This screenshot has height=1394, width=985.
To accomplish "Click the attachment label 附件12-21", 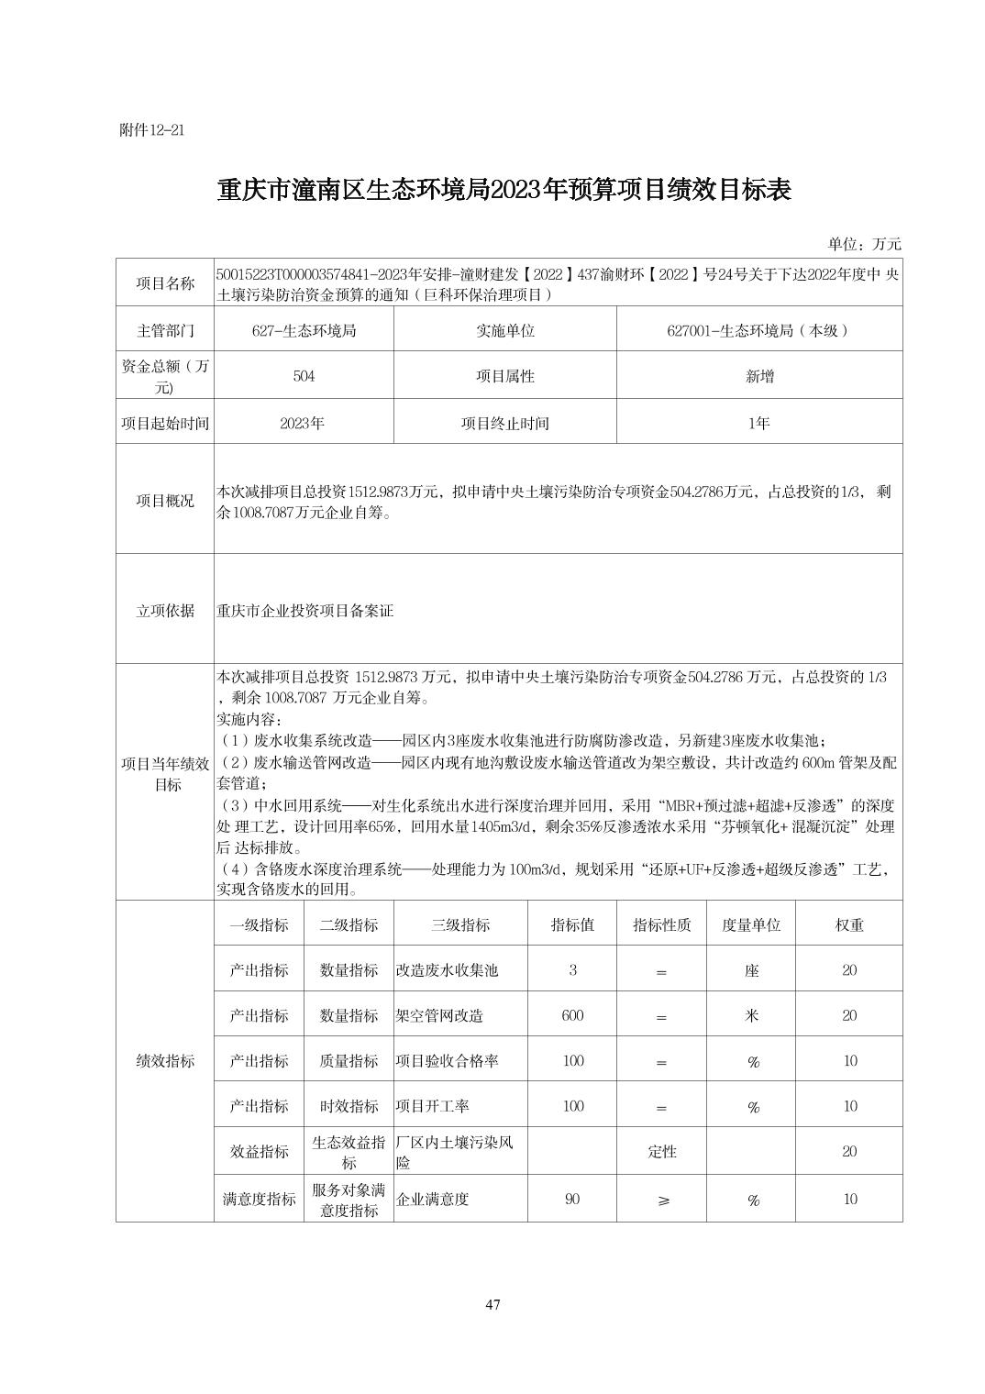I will point(152,130).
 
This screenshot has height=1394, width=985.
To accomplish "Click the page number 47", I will point(492,1305).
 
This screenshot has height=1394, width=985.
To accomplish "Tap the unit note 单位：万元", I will point(864,244).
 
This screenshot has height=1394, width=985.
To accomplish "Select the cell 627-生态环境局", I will point(304,330).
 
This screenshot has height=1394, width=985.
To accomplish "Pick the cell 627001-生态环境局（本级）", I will point(758,330).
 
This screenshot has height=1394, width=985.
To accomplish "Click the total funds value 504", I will point(304,376).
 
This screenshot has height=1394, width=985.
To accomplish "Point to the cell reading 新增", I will point(758,376).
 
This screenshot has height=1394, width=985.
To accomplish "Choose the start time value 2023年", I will point(304,423).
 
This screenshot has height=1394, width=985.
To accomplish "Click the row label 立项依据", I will point(165,610).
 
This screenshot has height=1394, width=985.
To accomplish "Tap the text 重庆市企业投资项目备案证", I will point(305,610).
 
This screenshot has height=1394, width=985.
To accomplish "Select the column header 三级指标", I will point(460,924).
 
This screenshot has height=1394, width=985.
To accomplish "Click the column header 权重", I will point(849,924).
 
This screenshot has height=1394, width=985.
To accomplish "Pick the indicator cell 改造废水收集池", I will point(447,970).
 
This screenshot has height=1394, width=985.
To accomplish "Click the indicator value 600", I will point(572,1015).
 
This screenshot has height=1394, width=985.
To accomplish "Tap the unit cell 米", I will point(751,1015).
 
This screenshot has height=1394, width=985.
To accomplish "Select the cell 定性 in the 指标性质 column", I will point(661,1152).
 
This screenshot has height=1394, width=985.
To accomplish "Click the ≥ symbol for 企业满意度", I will point(662,1200).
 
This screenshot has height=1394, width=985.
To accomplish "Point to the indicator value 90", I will point(572,1199).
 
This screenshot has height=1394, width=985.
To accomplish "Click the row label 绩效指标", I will point(165,1061).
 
